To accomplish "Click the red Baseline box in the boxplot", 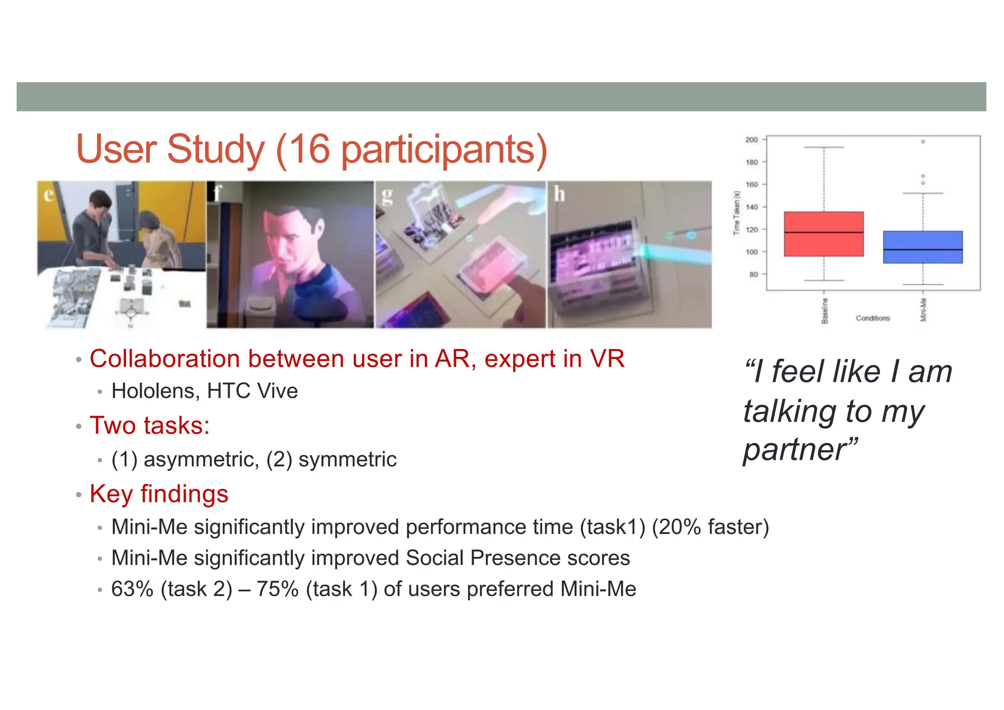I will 824,234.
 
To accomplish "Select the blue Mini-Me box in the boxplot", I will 923,247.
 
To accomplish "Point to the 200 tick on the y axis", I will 752,140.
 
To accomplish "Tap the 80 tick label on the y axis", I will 753,275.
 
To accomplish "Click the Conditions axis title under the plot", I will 873,318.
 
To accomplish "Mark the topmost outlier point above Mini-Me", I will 923,142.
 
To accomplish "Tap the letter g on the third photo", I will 387,196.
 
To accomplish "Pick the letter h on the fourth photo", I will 559,194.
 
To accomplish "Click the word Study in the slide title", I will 216,149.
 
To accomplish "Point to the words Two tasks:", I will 150,425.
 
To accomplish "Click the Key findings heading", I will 159,494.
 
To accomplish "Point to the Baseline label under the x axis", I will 825,310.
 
